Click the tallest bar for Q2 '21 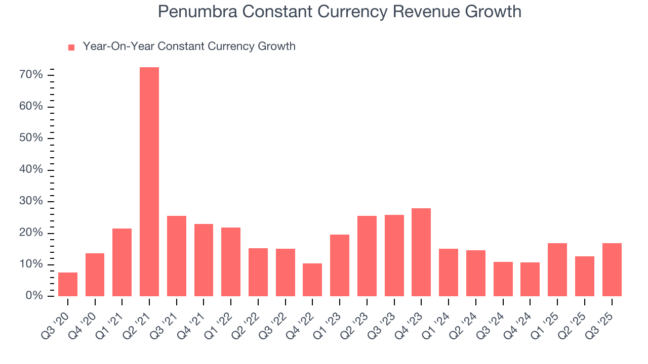(149, 182)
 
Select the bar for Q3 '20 (68, 284)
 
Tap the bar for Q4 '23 (421, 252)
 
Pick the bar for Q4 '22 (312, 280)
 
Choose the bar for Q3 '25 (612, 269)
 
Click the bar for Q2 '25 (584, 276)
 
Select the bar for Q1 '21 (122, 262)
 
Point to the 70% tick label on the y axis (30, 75)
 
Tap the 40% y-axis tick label (30, 170)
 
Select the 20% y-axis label (30, 233)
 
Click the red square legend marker (71, 47)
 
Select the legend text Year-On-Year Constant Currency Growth (189, 47)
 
